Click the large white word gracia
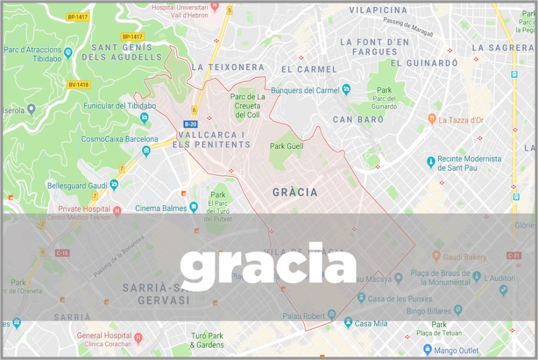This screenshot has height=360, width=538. [268, 264]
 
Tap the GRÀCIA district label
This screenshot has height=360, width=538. [295, 192]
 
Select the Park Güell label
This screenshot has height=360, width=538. [287, 146]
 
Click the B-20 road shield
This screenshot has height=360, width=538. [190, 123]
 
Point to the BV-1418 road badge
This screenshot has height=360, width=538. [79, 85]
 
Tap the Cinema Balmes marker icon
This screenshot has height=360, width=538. [193, 208]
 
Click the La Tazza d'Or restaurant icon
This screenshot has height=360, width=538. [432, 119]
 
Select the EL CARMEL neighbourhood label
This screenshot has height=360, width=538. [309, 69]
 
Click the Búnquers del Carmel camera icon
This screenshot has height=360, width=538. [346, 90]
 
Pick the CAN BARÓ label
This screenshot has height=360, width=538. [358, 120]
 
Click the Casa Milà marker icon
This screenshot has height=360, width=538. [348, 323]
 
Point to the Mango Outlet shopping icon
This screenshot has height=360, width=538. [428, 350]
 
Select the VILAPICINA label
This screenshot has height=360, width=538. [378, 10]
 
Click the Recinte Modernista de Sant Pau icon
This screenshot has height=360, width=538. [430, 162]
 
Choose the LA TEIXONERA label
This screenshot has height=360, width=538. [228, 67]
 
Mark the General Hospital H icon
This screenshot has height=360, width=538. [137, 337]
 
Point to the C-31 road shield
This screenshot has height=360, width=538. [514, 255]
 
